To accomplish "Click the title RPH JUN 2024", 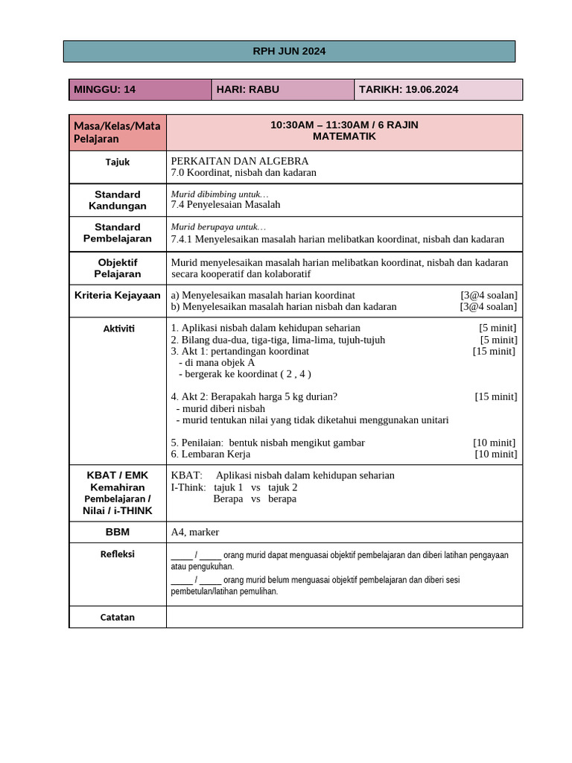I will point(289,51).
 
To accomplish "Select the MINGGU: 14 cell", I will point(140,89).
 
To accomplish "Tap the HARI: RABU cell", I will point(282,89).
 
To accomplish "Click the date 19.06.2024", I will point(432,89).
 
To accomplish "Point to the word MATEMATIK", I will point(344,137).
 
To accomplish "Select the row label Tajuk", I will point(118,162).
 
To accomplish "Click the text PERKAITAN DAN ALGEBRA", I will point(239,161).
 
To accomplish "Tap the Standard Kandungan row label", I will point(118,200).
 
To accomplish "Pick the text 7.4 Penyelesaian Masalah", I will point(226,204).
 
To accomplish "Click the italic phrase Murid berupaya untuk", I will point(218,227).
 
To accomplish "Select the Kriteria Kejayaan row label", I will point(118,295).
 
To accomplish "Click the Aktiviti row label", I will point(118,329).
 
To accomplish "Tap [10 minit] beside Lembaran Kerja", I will point(495,454).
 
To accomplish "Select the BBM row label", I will point(118,532).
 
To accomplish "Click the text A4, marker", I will point(195,532).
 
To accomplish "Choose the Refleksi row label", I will point(118,554).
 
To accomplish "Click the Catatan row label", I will point(118,617).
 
